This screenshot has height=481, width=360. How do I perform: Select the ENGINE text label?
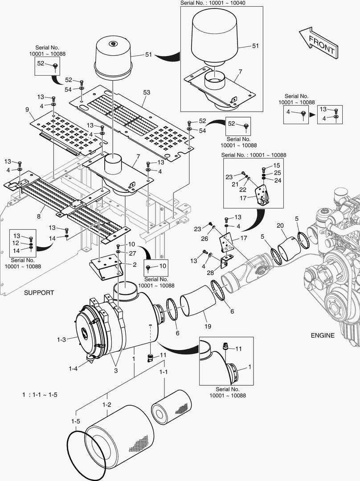(323, 335)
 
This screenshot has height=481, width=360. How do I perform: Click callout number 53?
(147, 92)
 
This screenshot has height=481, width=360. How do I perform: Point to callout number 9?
(27, 110)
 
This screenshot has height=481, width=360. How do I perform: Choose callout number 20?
(280, 226)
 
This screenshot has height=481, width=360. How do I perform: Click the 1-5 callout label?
(75, 421)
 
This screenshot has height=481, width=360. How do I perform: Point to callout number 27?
(132, 253)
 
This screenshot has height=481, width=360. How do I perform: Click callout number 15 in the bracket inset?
(277, 165)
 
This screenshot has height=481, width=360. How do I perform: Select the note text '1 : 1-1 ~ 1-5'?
(40, 395)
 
